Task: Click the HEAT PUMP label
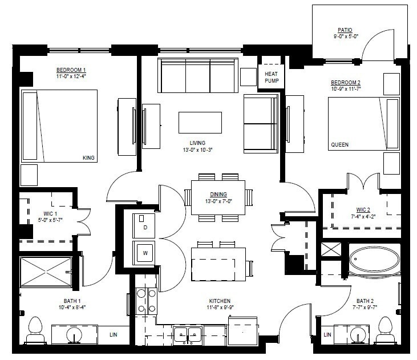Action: point(270,77)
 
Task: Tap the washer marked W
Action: point(144,253)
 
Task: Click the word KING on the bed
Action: point(88,158)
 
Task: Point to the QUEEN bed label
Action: point(339,145)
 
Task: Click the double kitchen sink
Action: point(188,335)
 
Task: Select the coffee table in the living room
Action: point(200,122)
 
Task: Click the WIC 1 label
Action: point(35,213)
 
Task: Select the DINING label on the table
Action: point(218,194)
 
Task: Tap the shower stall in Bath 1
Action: point(46,271)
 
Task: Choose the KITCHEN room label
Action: point(220,301)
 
